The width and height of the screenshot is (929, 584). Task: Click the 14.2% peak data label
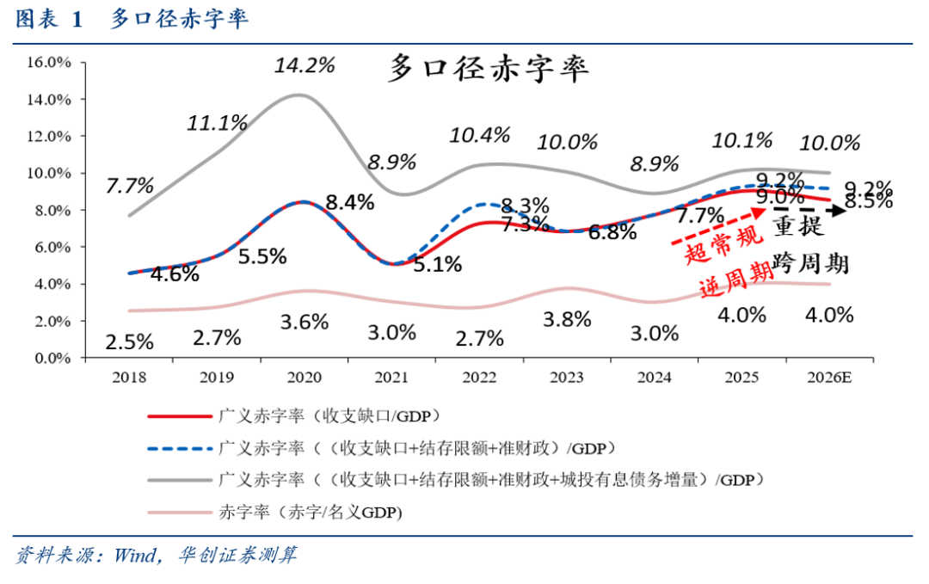tap(305, 65)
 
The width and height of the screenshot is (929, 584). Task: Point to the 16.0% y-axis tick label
tap(49, 63)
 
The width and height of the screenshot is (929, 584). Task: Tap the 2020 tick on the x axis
tap(305, 377)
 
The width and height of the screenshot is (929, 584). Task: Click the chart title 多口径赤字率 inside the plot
tap(489, 69)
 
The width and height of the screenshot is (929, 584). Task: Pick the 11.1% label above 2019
tap(217, 123)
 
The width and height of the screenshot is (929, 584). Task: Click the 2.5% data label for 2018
tap(130, 341)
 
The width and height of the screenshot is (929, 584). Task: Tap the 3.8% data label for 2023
tap(568, 319)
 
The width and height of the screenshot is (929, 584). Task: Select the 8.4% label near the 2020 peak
tap(350, 203)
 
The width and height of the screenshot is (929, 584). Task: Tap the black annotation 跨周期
tap(811, 263)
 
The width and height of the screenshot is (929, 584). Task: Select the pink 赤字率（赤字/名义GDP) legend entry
tap(311, 512)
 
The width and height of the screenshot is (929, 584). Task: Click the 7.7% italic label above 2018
tap(130, 186)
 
